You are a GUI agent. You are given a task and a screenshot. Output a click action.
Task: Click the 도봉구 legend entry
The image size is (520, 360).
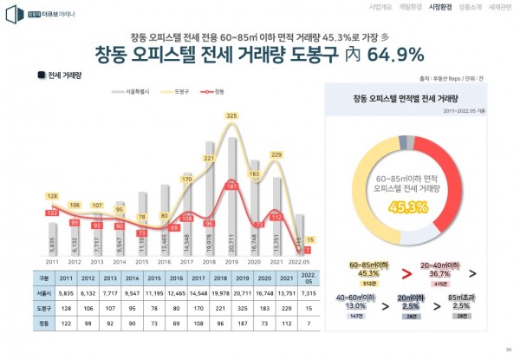[181, 90]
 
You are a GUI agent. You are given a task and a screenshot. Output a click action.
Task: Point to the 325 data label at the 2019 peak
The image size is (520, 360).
[231, 115]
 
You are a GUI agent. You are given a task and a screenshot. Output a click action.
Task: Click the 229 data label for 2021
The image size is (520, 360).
[277, 154]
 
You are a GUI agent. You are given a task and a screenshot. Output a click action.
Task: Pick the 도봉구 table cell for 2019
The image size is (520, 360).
[232, 307]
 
